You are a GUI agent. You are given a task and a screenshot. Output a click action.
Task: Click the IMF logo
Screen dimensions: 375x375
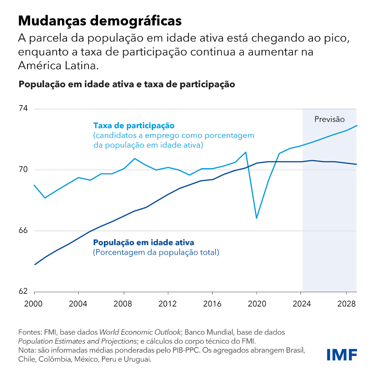point(342,355)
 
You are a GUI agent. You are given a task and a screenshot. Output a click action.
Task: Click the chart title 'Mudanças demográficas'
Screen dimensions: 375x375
point(100,21)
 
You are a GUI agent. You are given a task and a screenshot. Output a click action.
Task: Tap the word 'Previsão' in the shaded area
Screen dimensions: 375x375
point(329,119)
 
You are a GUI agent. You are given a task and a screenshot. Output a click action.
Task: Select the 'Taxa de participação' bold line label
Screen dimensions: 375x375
point(134,126)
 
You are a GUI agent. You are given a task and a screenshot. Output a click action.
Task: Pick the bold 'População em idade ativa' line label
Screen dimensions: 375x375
point(143,242)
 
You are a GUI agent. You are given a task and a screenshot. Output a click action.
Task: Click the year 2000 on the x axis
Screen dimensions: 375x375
point(33,304)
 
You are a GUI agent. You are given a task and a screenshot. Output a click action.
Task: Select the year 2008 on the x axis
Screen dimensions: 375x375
point(123,304)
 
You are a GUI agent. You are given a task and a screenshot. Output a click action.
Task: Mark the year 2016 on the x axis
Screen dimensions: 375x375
point(212,304)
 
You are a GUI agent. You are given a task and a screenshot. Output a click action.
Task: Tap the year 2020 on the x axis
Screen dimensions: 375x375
point(257,304)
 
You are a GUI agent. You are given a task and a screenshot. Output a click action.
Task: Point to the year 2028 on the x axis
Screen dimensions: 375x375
point(346,304)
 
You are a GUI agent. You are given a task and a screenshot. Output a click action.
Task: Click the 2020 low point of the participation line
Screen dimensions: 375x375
point(257,218)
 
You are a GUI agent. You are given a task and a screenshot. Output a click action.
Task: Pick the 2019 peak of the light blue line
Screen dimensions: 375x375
point(246,152)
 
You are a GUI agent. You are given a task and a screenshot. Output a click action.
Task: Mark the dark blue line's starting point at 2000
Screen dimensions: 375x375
point(35,264)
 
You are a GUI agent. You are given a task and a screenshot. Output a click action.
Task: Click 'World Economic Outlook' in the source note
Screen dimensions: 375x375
point(140,332)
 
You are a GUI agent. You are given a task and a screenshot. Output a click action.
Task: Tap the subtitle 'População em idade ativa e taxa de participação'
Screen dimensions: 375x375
point(127,84)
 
